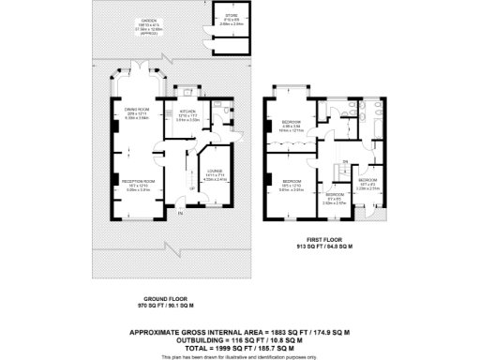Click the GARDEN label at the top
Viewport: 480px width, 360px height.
click(x=147, y=20)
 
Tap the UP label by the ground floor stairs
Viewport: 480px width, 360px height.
click(x=191, y=188)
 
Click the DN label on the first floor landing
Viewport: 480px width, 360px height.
click(x=344, y=162)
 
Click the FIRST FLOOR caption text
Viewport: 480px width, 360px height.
click(x=322, y=240)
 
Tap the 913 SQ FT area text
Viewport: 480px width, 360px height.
click(x=322, y=247)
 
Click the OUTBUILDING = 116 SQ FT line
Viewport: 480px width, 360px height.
click(x=240, y=338)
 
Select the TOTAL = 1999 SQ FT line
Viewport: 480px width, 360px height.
click(x=240, y=346)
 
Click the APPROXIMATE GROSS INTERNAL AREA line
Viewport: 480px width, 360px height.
click(x=240, y=331)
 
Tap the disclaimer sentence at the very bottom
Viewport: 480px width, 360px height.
click(x=240, y=354)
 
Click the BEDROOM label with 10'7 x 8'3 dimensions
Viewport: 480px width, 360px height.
click(x=367, y=179)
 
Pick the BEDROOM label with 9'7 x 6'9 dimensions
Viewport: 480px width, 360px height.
click(x=335, y=194)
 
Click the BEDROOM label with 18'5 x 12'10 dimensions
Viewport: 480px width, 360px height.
click(x=292, y=179)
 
